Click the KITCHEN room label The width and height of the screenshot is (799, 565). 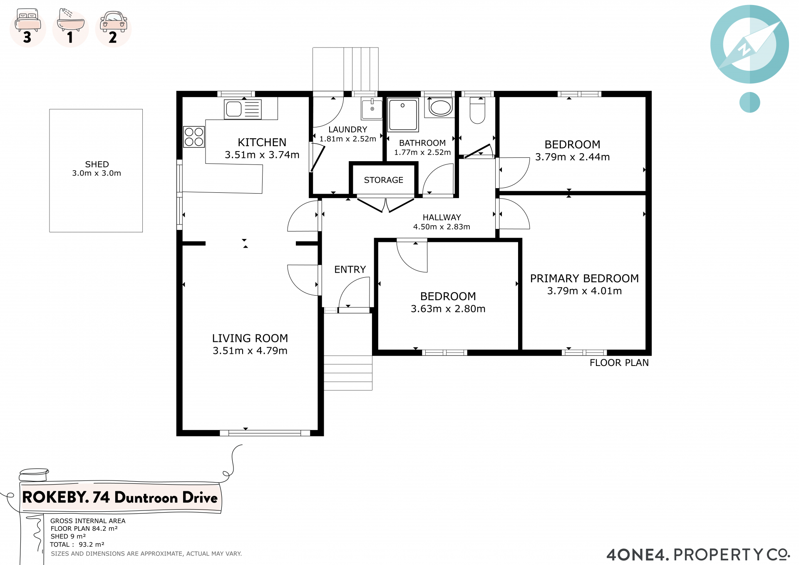click(262, 142)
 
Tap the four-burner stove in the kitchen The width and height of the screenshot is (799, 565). click(194, 137)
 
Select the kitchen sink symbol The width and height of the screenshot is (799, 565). click(243, 110)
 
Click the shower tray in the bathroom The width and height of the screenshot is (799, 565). click(403, 114)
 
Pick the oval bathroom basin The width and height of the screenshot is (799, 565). click(440, 107)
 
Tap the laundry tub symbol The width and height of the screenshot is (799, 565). click(372, 109)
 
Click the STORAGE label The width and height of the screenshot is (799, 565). click(384, 180)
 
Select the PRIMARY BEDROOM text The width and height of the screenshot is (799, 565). click(584, 278)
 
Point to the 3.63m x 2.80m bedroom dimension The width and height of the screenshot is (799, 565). click(448, 309)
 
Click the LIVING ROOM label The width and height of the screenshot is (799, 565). click(250, 338)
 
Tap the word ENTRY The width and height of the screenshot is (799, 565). click(350, 269)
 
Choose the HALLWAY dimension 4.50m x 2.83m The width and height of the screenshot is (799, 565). click(442, 226)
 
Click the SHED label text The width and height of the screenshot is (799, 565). click(97, 164)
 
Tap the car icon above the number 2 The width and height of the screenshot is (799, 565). click(114, 22)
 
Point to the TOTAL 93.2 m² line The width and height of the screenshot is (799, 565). click(77, 544)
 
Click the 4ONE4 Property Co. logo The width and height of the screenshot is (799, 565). click(698, 555)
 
